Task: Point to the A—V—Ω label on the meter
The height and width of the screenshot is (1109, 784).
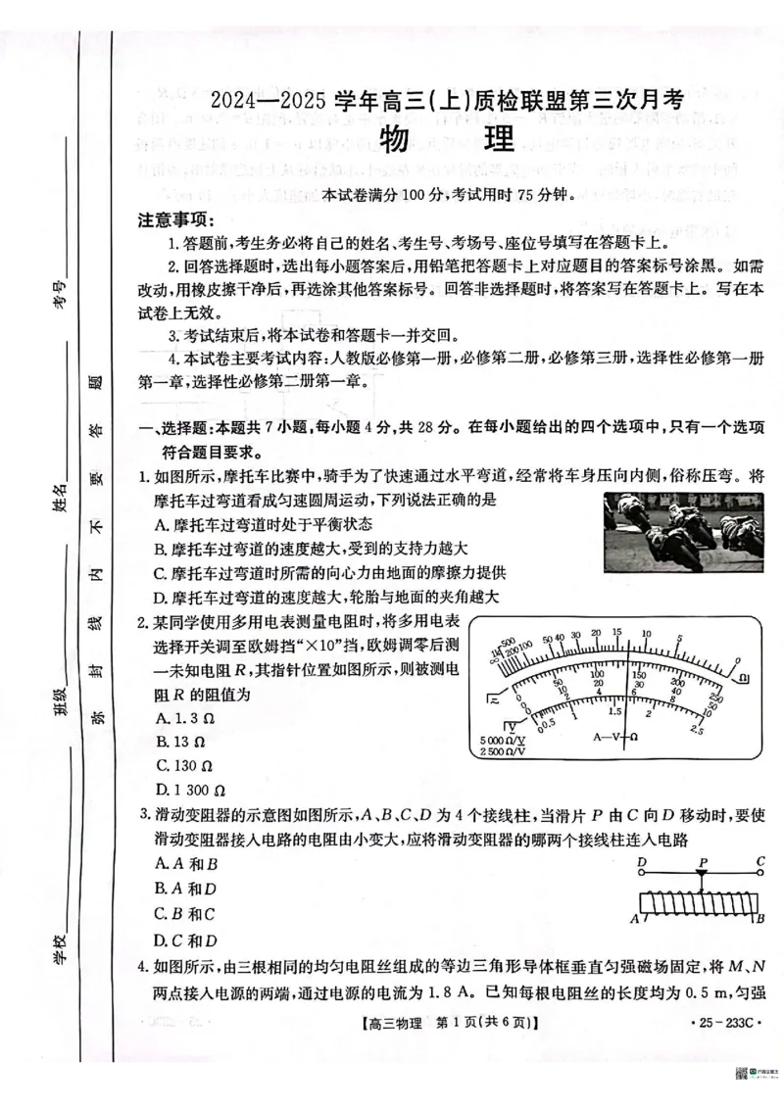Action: [x=616, y=736]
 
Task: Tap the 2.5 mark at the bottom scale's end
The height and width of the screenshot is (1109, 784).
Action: [x=697, y=730]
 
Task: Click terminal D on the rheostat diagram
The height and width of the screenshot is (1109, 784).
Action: [x=642, y=863]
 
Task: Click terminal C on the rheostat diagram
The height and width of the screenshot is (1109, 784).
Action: [x=759, y=863]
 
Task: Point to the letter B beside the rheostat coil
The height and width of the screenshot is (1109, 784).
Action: [x=759, y=919]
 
